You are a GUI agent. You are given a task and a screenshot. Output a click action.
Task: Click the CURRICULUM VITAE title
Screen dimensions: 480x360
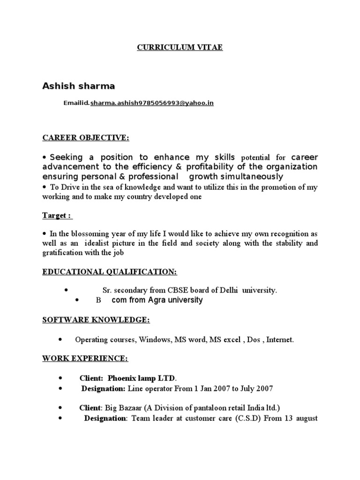click(x=180, y=47)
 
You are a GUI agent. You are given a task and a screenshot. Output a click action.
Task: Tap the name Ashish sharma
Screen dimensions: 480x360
click(x=79, y=86)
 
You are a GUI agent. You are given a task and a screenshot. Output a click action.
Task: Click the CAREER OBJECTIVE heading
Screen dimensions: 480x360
click(x=86, y=137)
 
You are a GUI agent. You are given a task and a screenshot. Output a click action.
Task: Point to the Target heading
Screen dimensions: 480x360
click(x=57, y=215)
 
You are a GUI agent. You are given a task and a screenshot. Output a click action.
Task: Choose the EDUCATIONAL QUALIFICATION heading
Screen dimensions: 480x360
click(x=110, y=272)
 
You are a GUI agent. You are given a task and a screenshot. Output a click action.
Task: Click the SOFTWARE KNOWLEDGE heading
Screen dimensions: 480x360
click(x=96, y=320)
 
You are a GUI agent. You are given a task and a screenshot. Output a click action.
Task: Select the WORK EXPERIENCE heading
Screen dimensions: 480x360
click(x=85, y=358)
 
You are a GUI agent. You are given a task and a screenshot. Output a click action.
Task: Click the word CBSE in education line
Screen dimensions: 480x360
click(x=170, y=290)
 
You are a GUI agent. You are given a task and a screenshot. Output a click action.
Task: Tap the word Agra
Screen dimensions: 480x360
click(x=159, y=300)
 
